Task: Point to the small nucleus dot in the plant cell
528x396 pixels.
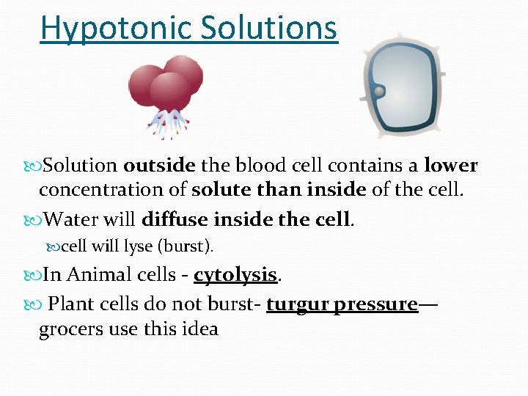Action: click(x=379, y=92)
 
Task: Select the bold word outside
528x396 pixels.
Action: click(x=159, y=166)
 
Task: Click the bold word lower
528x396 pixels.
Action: click(x=450, y=166)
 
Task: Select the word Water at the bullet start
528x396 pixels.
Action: click(x=71, y=219)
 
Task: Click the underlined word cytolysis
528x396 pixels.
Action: click(x=235, y=275)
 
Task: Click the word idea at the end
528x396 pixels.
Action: click(x=198, y=329)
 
